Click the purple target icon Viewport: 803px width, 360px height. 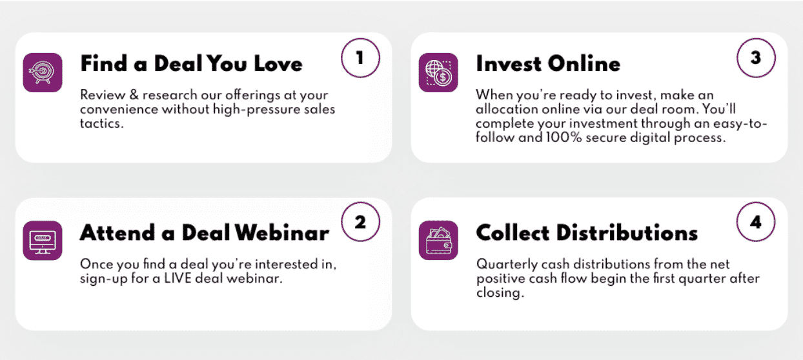(43, 72)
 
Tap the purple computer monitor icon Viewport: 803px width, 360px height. (43, 241)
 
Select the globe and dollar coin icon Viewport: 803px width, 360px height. (438, 72)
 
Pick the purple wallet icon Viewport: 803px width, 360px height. (438, 241)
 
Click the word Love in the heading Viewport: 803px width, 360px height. (278, 64)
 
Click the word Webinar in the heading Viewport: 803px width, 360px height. (282, 233)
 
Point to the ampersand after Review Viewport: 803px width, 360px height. (134, 95)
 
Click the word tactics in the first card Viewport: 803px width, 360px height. (102, 124)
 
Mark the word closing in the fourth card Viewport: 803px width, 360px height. (500, 293)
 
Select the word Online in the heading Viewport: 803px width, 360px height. (584, 64)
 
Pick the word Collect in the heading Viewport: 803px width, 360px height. (513, 233)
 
